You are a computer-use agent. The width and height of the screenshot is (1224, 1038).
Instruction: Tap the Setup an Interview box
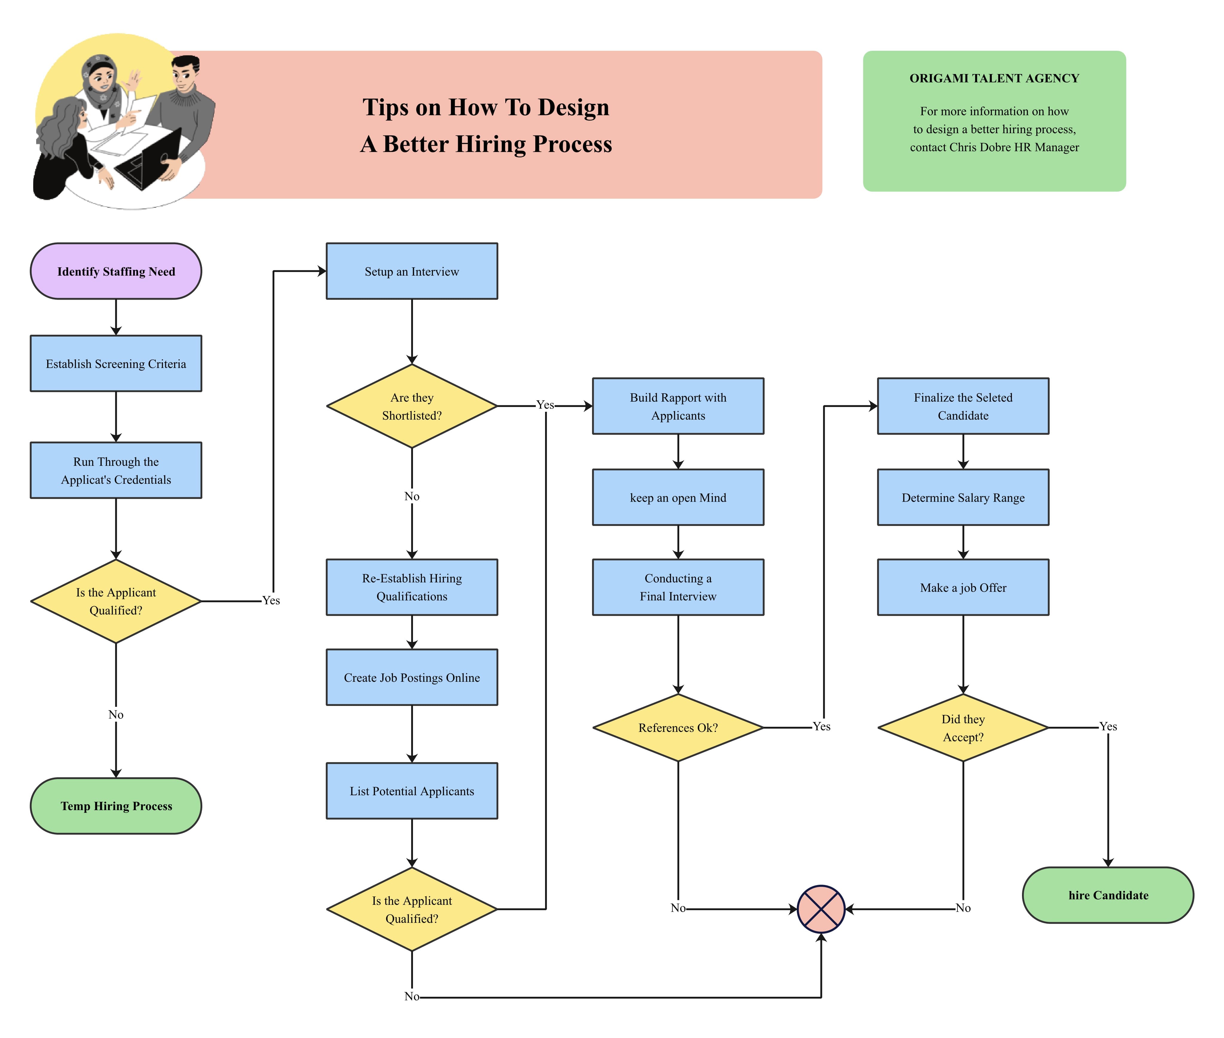pyautogui.click(x=411, y=271)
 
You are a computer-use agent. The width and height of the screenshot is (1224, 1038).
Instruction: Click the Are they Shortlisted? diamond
pyautogui.click(x=411, y=406)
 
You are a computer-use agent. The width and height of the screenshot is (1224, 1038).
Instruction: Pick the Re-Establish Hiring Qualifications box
pyautogui.click(x=411, y=587)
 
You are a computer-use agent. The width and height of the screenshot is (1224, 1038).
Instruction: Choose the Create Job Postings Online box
pyautogui.click(x=411, y=677)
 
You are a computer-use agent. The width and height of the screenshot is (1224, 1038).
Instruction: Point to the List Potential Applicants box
pyautogui.click(x=411, y=791)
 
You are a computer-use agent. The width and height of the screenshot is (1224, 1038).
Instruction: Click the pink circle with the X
pyautogui.click(x=821, y=909)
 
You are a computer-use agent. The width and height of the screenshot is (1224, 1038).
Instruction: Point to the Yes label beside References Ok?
pyautogui.click(x=821, y=726)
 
